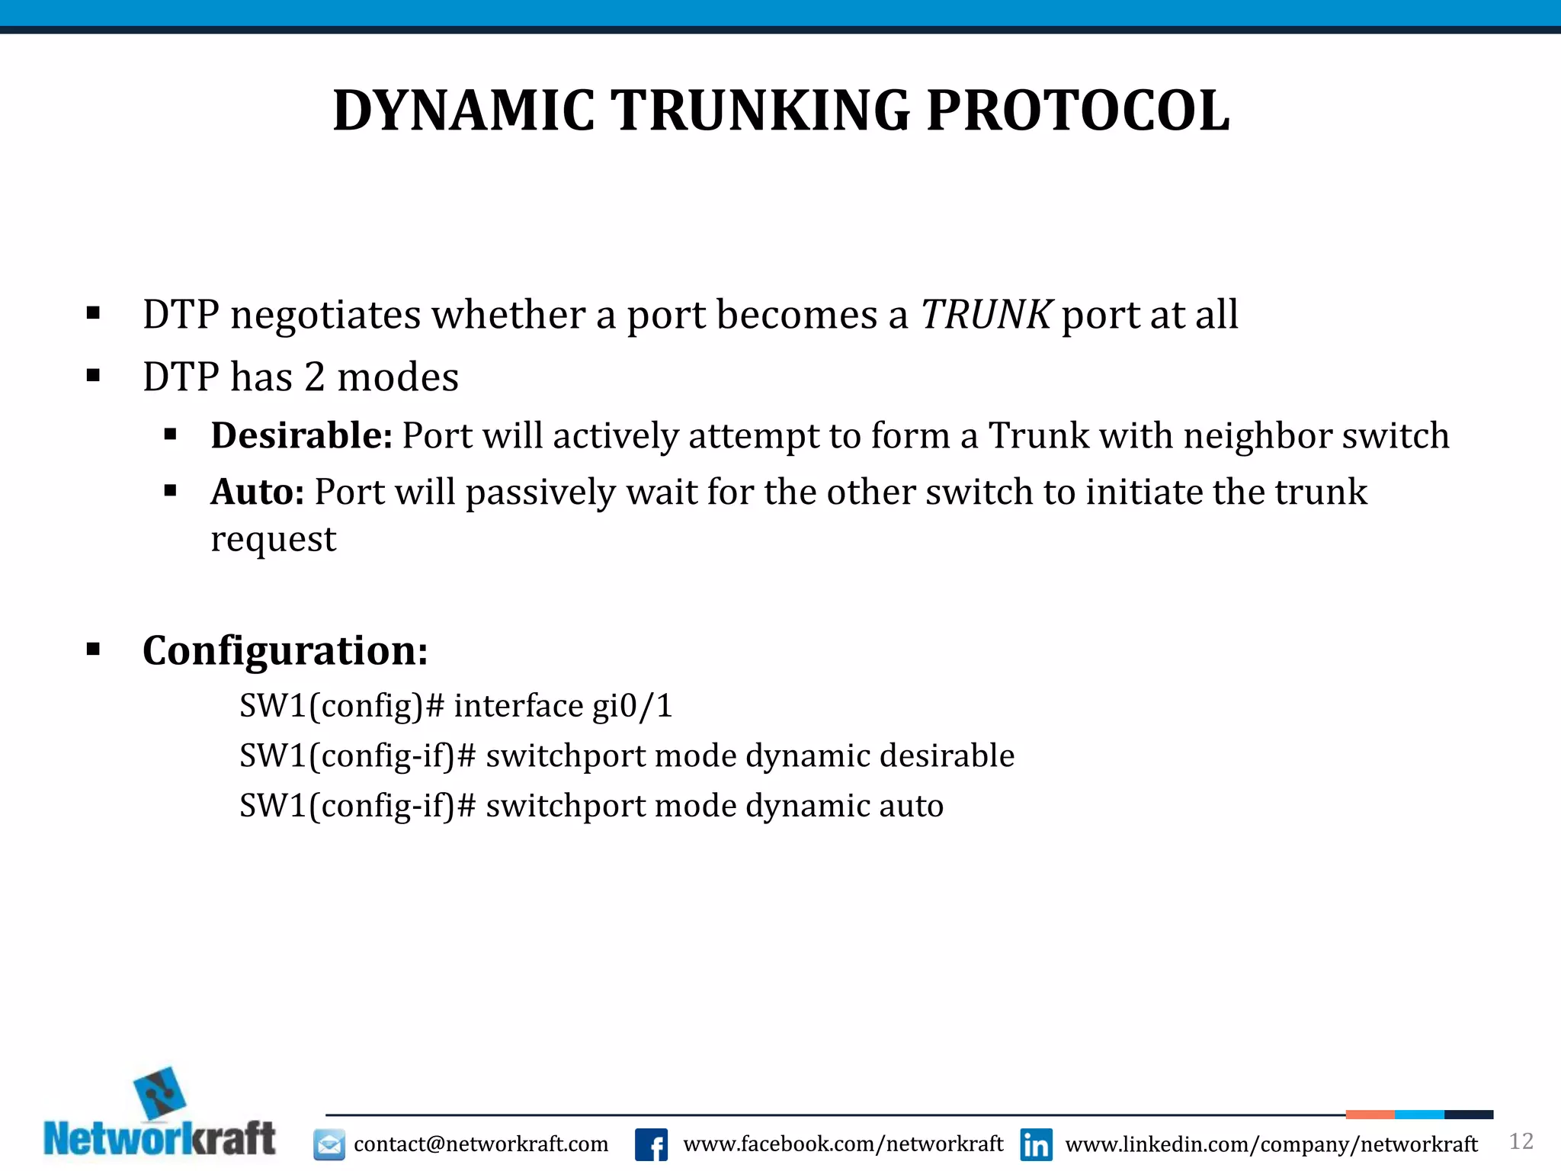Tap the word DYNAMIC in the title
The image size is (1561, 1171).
tap(463, 111)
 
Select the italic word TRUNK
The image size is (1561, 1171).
tap(986, 314)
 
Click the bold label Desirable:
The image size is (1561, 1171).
tap(301, 436)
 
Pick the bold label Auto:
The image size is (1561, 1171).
tap(258, 492)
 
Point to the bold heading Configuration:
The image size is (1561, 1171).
tap(285, 650)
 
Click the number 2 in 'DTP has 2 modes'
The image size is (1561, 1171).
tap(315, 377)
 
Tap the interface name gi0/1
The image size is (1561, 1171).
tap(633, 706)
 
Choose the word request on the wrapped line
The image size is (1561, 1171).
tap(273, 540)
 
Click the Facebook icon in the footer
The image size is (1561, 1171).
tap(651, 1144)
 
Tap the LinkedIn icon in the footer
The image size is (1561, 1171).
tap(1036, 1144)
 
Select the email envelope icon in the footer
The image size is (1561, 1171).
tap(329, 1144)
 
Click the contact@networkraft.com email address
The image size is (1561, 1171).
tap(481, 1144)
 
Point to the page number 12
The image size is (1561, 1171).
tap(1521, 1141)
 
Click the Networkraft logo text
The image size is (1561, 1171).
tap(159, 1140)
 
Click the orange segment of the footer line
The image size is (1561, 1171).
tap(1370, 1115)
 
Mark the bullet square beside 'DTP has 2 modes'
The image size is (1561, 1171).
tap(94, 375)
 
